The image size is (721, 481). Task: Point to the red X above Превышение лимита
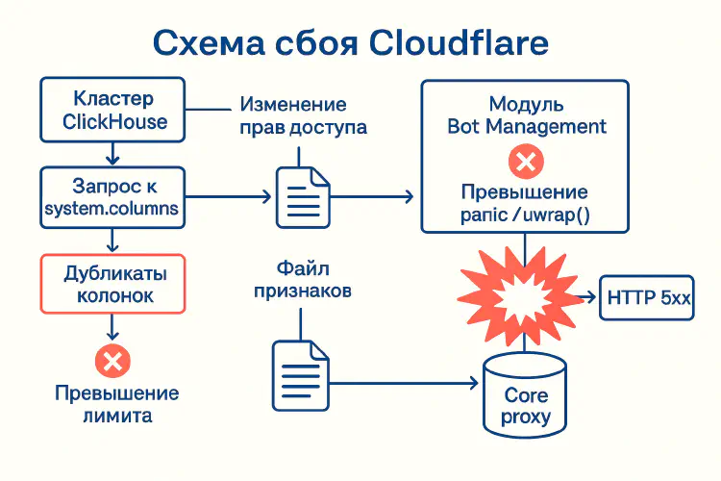coord(113,362)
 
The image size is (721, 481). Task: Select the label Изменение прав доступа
coord(302,115)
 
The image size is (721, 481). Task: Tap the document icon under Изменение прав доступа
coord(300,195)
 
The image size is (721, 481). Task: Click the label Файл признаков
coord(302,277)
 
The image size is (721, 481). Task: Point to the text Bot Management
coord(526,126)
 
